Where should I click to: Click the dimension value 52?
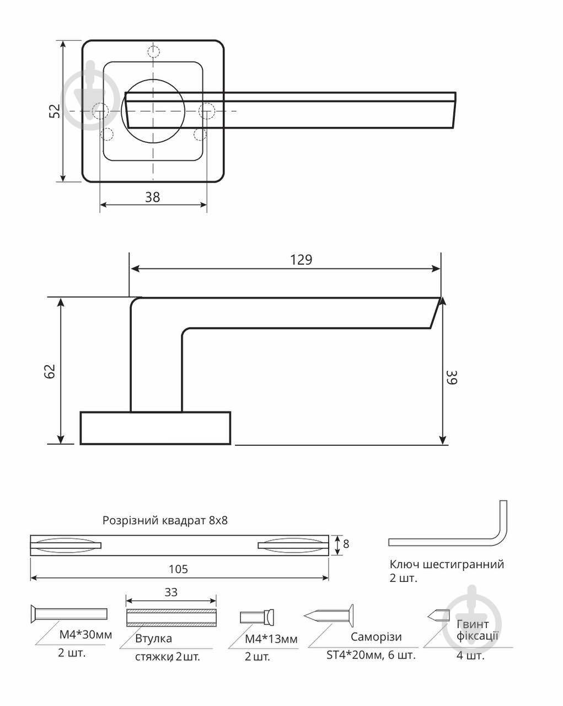tap(54, 111)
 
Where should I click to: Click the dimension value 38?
tap(152, 197)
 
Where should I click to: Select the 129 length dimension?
tap(301, 260)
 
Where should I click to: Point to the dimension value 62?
tap(50, 371)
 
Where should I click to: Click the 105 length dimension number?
tap(178, 569)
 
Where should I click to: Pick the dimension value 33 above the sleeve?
tap(171, 592)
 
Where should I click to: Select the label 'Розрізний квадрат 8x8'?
tap(165, 520)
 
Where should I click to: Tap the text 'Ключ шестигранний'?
tap(447, 564)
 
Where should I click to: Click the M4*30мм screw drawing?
tap(68, 613)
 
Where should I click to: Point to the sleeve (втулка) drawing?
tap(171, 617)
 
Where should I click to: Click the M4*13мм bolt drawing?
tap(257, 617)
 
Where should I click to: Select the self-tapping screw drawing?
tap(329, 615)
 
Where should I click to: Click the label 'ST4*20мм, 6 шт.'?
tap(371, 655)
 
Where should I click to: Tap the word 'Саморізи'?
tap(376, 637)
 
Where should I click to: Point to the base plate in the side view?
tap(155, 427)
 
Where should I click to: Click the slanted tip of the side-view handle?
tap(436, 313)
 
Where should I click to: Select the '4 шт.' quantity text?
tap(470, 655)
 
